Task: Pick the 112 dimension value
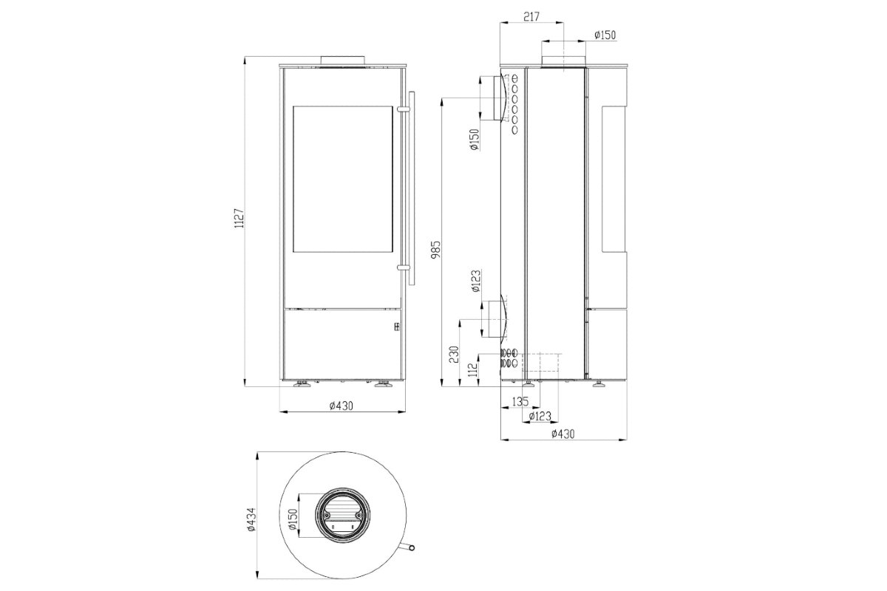[472, 368]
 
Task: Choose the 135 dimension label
[520, 402]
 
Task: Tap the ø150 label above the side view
[605, 35]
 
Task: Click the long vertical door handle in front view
[411, 188]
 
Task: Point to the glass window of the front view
[341, 179]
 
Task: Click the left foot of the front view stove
[303, 383]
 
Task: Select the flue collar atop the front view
[342, 60]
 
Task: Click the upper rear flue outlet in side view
[494, 99]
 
